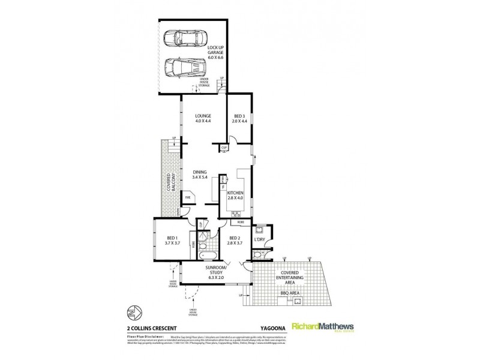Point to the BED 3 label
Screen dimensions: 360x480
pyautogui.click(x=239, y=119)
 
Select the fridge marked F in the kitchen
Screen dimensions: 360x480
pyautogui.click(x=223, y=187)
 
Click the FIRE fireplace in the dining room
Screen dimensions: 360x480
pyautogui.click(x=187, y=197)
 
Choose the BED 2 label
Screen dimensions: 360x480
pyautogui.click(x=234, y=241)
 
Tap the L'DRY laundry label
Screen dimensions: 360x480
pyautogui.click(x=259, y=240)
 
